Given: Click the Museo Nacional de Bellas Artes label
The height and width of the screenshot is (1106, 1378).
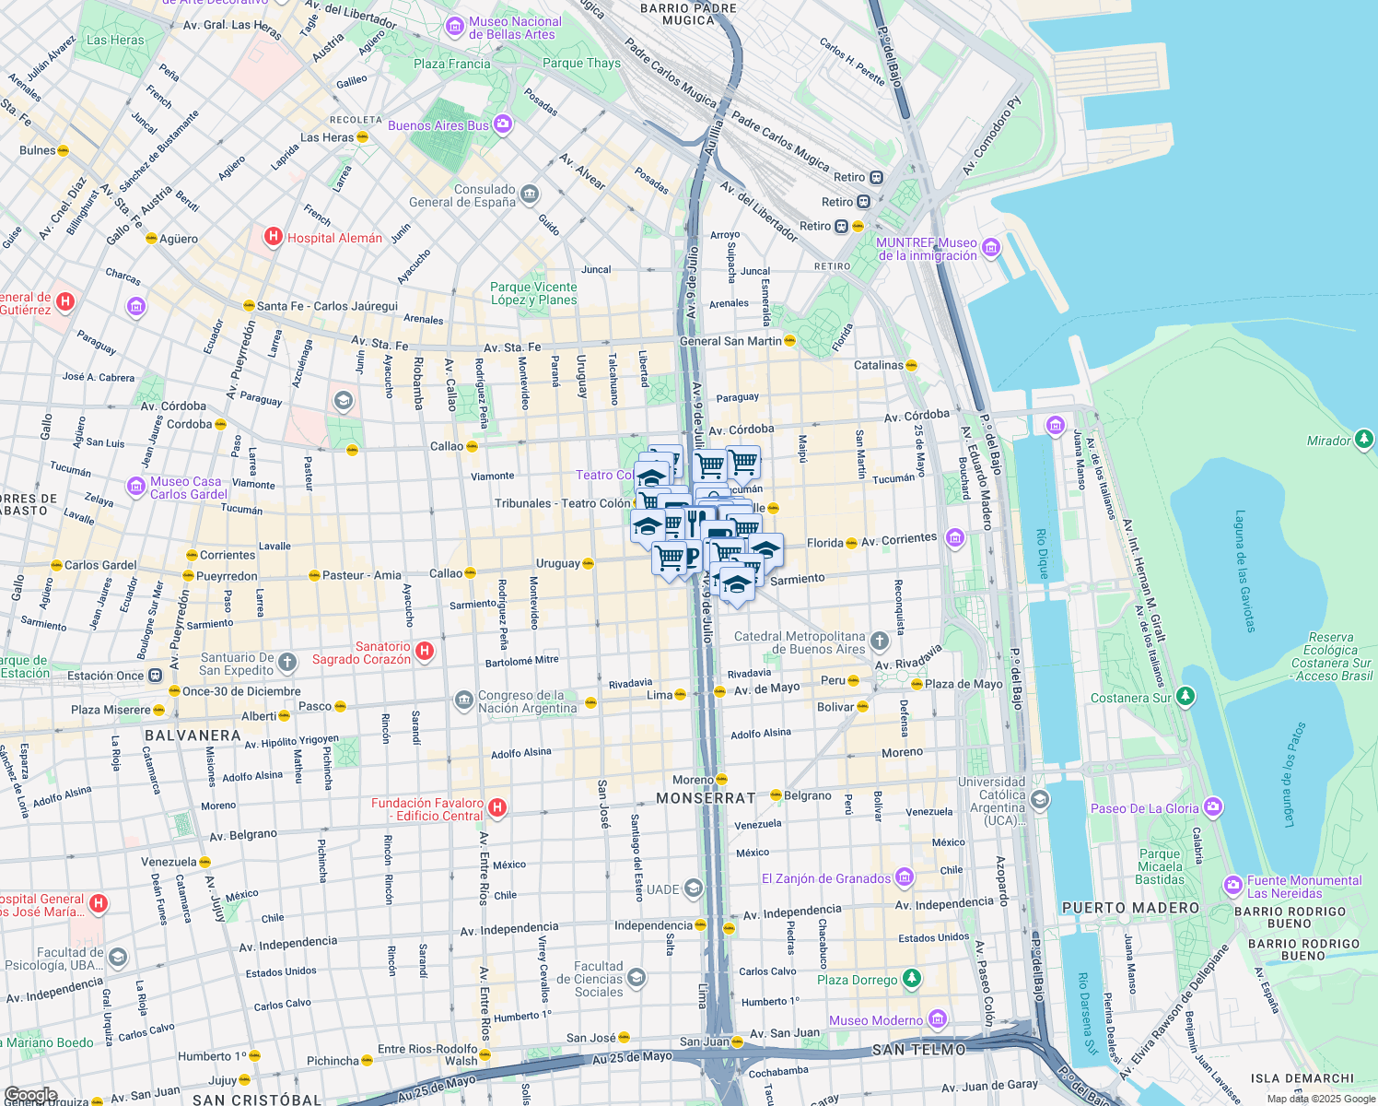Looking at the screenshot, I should click(514, 28).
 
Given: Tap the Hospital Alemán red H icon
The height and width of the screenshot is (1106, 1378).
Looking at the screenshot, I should click(273, 237).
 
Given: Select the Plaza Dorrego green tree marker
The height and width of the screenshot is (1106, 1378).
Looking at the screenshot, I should click(911, 979).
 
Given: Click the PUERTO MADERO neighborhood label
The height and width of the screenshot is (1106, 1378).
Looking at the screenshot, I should click(1130, 908).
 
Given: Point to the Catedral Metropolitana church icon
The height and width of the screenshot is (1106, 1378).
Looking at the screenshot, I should click(880, 641).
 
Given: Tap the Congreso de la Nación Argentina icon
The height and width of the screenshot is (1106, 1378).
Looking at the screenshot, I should click(464, 701).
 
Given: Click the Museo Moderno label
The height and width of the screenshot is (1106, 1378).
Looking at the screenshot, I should click(875, 1020).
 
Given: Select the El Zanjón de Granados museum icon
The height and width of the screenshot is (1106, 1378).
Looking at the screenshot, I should click(905, 877).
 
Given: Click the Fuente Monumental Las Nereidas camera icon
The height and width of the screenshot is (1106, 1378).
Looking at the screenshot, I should click(1232, 886).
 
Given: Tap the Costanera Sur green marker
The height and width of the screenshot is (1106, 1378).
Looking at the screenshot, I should click(1185, 697).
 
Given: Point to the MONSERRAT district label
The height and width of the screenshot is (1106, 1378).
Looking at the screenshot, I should click(706, 798).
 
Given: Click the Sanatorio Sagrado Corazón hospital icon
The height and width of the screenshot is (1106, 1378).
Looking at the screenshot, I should click(425, 652).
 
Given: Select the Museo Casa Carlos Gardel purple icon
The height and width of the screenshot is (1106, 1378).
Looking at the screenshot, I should click(136, 486).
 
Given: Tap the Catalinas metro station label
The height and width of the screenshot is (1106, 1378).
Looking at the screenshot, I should click(878, 365).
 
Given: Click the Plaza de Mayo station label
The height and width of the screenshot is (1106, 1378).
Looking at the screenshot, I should click(963, 684).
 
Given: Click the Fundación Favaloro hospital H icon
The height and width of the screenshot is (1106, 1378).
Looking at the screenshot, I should click(496, 808).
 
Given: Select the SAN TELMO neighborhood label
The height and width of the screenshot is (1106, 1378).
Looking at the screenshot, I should click(918, 1050).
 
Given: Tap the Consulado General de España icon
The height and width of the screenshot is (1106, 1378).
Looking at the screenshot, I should click(529, 194).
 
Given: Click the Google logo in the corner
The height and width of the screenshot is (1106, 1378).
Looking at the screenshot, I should click(30, 1095).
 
